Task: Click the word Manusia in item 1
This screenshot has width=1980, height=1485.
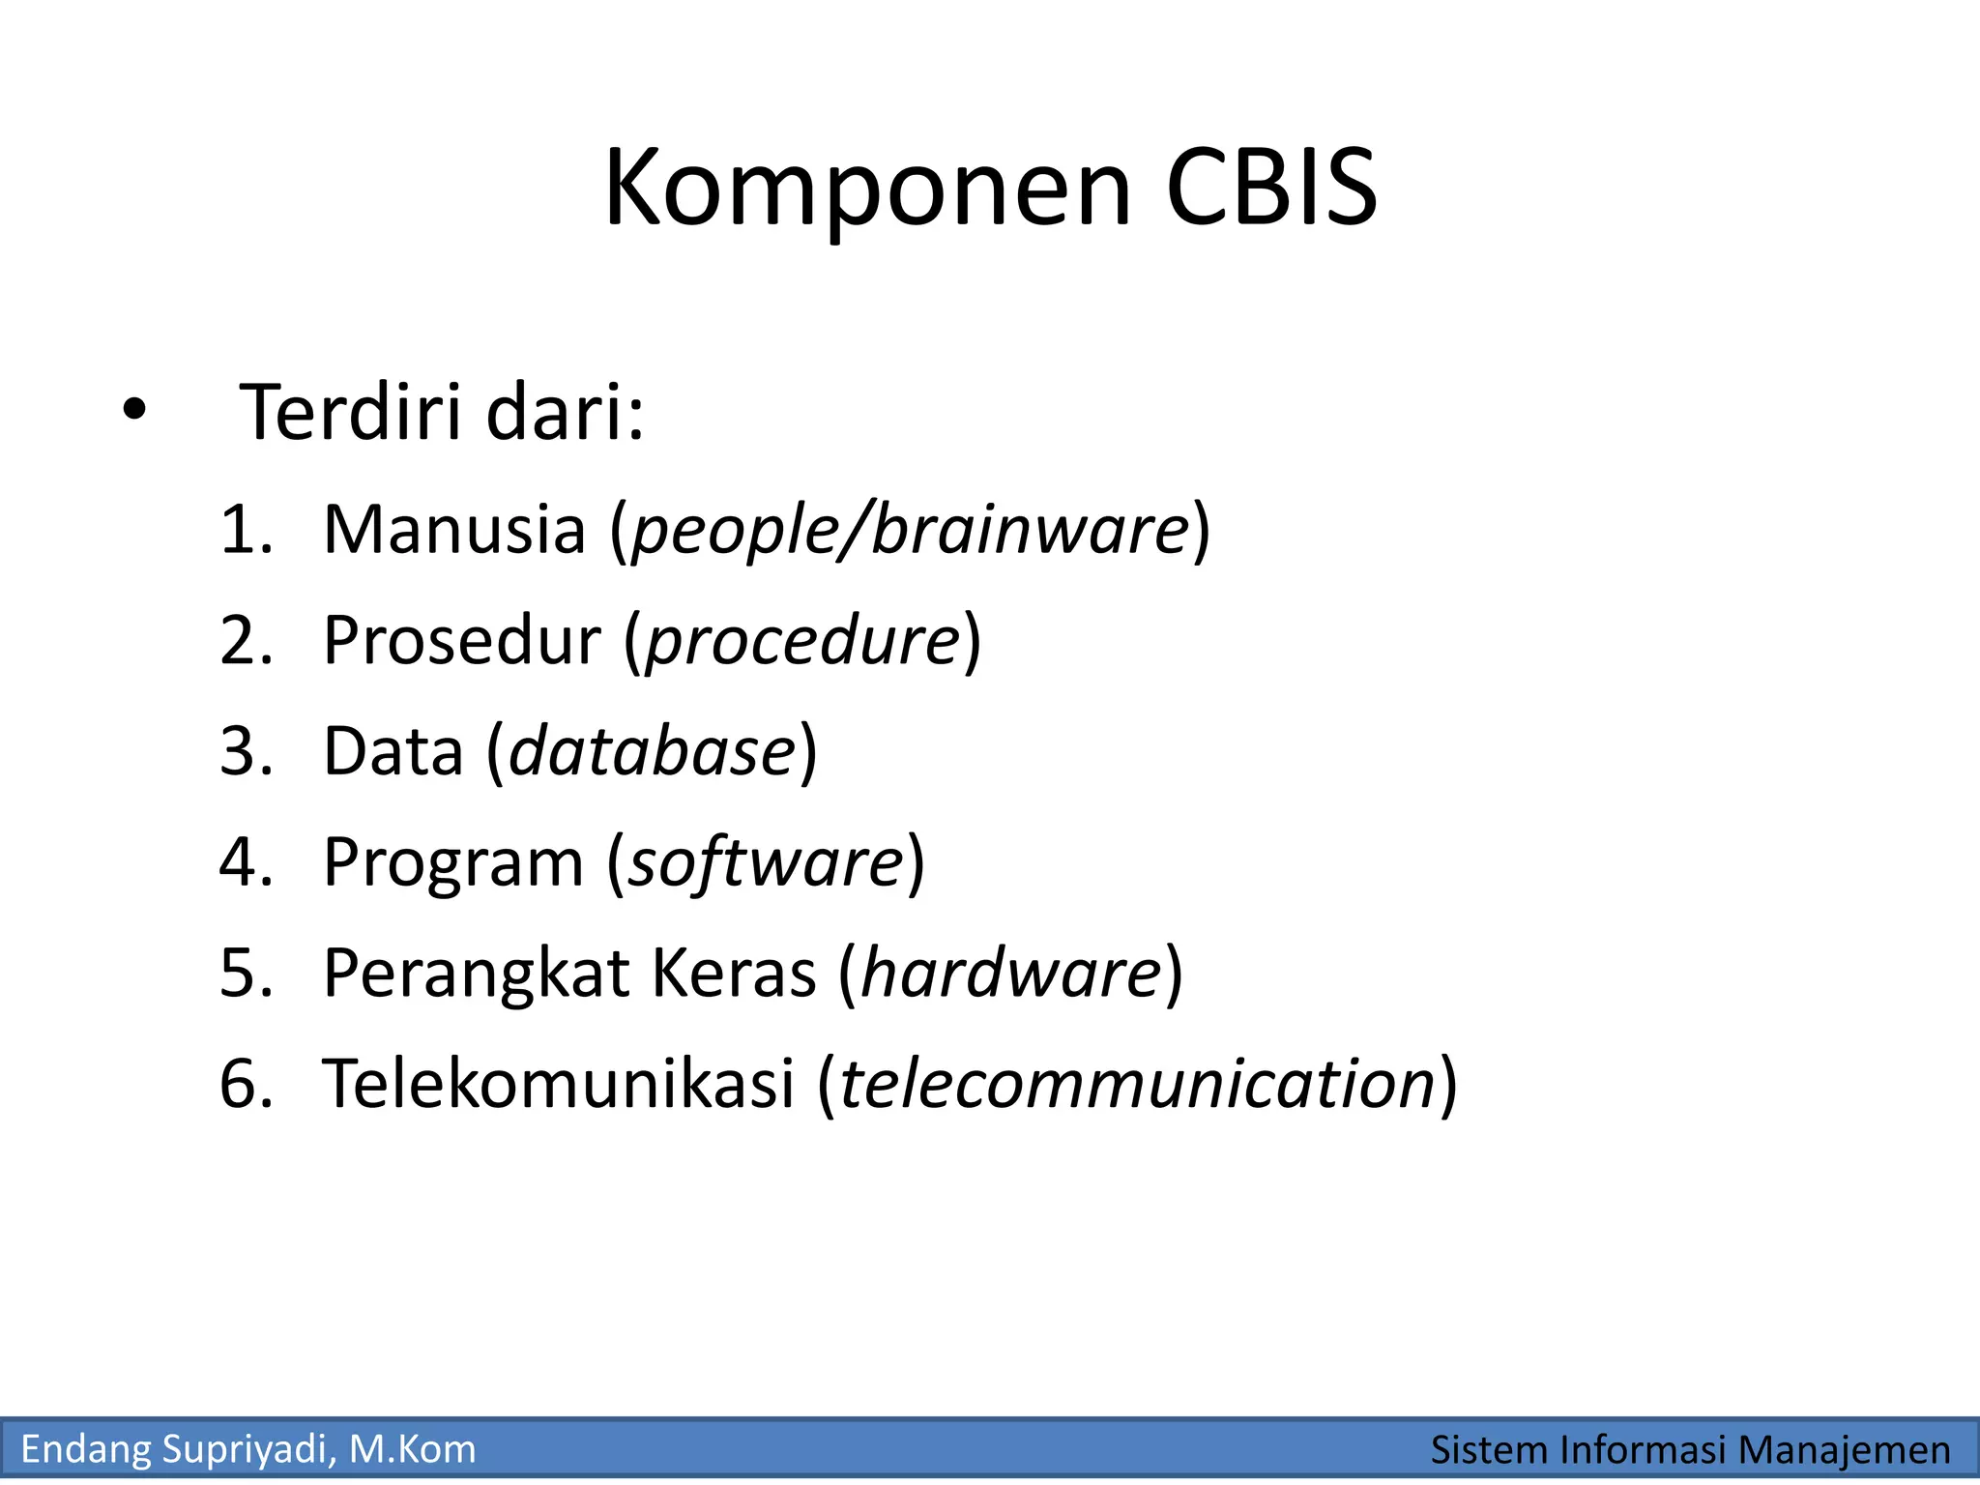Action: coord(454,530)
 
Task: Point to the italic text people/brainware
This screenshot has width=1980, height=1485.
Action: coord(909,532)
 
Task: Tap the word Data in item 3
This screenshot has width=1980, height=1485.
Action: coord(393,751)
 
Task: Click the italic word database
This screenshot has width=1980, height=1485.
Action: coord(652,751)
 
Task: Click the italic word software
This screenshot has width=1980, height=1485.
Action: coord(766,862)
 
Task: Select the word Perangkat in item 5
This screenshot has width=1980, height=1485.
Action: coord(476,975)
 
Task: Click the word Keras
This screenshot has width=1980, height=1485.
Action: coord(733,973)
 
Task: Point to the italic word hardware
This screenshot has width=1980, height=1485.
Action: coord(1010,973)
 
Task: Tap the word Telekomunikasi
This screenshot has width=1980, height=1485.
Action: coord(558,1083)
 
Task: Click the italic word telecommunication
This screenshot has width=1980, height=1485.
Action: coord(1137,1083)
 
